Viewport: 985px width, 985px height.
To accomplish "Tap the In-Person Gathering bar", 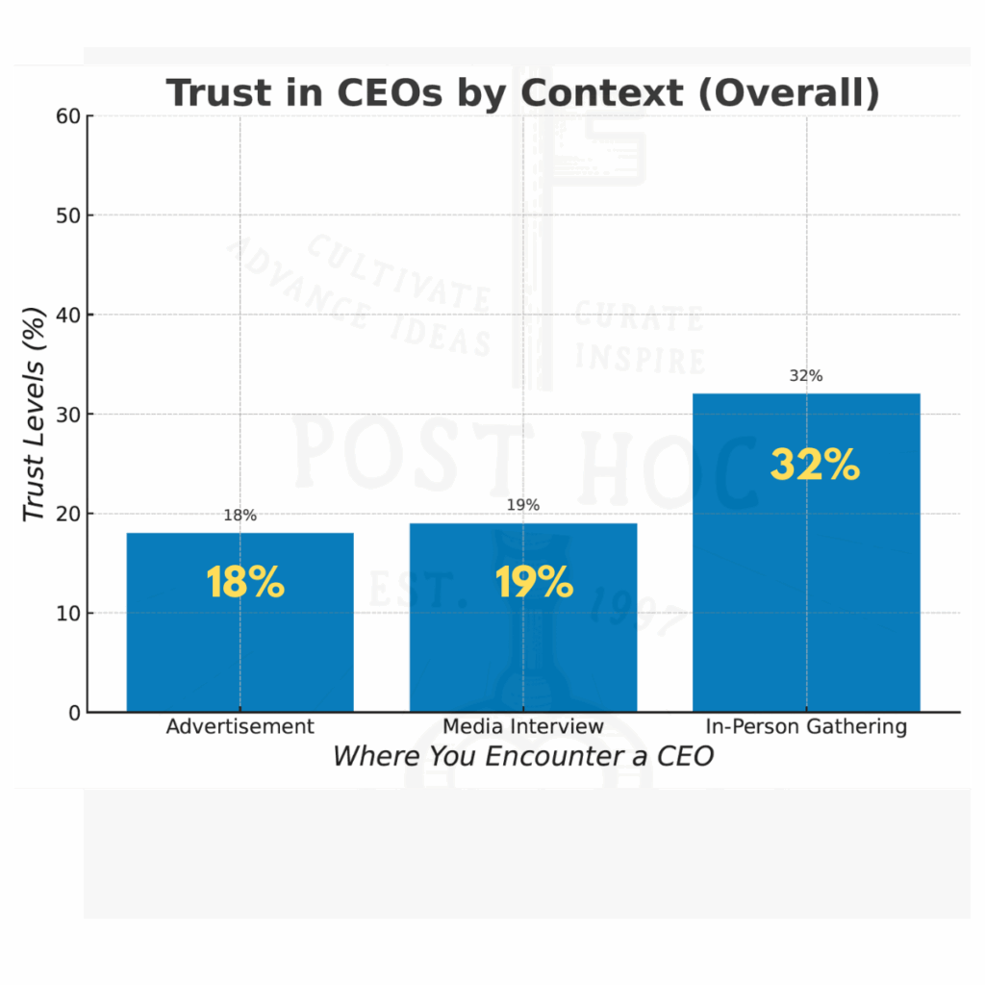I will (806, 577).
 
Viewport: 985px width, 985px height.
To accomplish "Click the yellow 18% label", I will (245, 583).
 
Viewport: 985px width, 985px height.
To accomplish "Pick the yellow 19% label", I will (534, 583).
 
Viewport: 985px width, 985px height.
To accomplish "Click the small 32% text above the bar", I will (806, 376).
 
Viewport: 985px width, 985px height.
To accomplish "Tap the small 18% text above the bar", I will (240, 516).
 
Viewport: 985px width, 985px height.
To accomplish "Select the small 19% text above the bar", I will (523, 505).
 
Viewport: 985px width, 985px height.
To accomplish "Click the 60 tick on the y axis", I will (68, 116).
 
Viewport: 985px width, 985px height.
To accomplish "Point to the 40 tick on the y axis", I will (68, 316).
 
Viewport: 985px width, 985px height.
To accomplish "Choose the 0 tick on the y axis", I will (74, 713).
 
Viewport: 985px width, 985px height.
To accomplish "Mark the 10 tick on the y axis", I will (68, 614).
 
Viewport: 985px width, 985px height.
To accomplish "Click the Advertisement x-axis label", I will (240, 726).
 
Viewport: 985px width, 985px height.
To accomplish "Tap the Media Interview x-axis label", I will (523, 726).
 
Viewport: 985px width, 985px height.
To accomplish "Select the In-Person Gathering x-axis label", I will (806, 726).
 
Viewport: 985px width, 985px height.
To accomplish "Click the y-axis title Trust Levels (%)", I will (35, 414).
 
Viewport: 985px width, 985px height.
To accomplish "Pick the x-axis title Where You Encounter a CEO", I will (523, 757).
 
